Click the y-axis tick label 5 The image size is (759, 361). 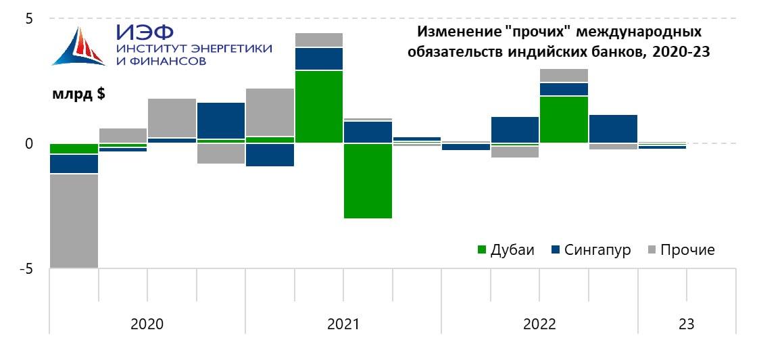pyautogui.click(x=28, y=19)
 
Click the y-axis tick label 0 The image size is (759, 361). pyautogui.click(x=28, y=144)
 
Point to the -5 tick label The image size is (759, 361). pyautogui.click(x=26, y=269)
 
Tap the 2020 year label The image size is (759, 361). pyautogui.click(x=147, y=324)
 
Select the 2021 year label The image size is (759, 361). pyautogui.click(x=343, y=324)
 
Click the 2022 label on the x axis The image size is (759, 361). pyautogui.click(x=539, y=324)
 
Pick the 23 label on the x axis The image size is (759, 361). pyautogui.click(x=687, y=324)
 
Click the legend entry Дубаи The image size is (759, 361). pyautogui.click(x=506, y=250)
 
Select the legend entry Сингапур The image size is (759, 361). pyautogui.click(x=591, y=251)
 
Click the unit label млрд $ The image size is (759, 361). pyautogui.click(x=78, y=95)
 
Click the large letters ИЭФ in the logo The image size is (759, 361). pyautogui.click(x=145, y=32)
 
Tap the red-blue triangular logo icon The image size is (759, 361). pyautogui.click(x=78, y=46)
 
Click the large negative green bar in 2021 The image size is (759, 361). pyautogui.click(x=368, y=181)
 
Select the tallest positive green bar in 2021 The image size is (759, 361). pyautogui.click(x=318, y=107)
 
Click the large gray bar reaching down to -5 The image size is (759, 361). pyautogui.click(x=74, y=221)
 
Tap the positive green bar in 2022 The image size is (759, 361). pyautogui.click(x=564, y=120)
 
